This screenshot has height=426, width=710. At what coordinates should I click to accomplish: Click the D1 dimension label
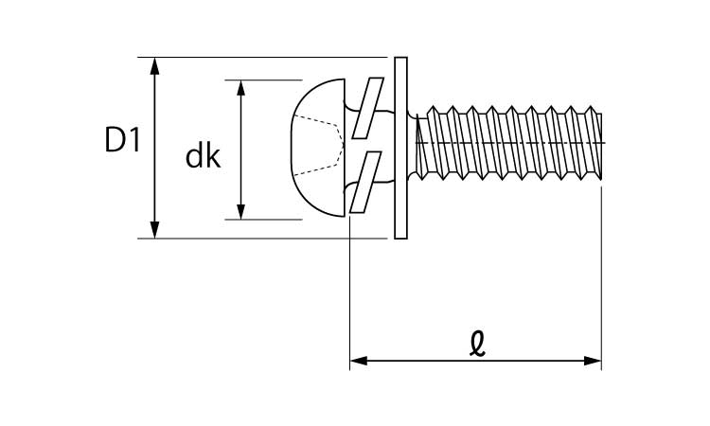coord(123,142)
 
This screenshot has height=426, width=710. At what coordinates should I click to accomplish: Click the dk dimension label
coord(203,155)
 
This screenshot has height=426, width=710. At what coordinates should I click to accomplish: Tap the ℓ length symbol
coord(477,343)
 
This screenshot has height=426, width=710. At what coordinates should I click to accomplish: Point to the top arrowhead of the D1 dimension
coord(155,64)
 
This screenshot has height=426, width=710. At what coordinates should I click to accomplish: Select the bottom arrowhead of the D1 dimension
coord(155,230)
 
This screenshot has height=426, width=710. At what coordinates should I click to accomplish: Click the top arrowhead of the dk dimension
coord(241,88)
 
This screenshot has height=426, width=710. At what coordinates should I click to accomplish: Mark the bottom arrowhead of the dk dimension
coord(241,211)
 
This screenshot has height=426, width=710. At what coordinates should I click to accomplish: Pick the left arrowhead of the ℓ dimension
coord(358,361)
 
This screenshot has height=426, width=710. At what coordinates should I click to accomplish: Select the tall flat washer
coord(400,148)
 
